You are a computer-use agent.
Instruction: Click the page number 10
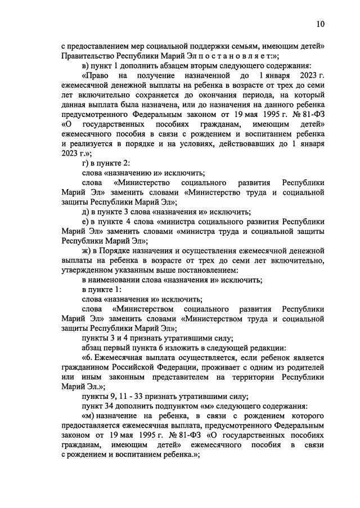pyautogui.click(x=320, y=24)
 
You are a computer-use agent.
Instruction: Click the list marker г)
pyautogui.click(x=86, y=163)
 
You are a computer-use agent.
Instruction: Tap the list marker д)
pyautogui.click(x=86, y=212)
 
